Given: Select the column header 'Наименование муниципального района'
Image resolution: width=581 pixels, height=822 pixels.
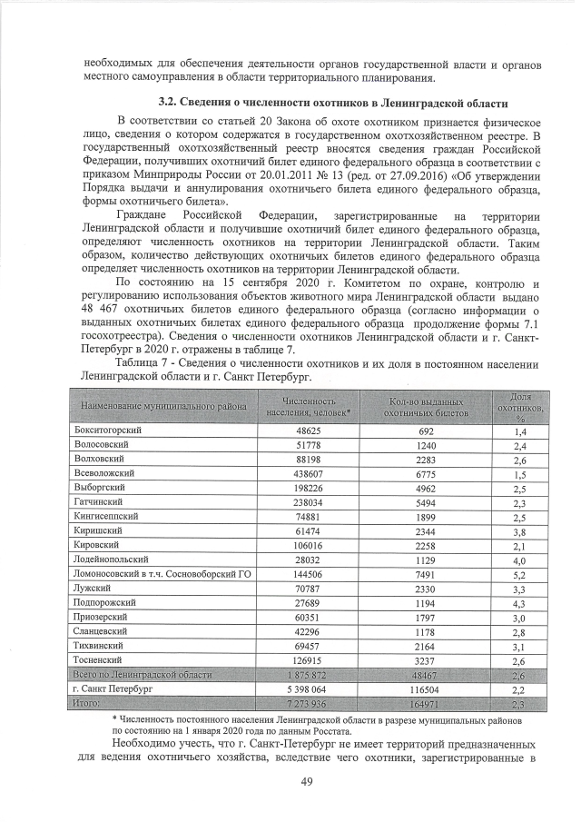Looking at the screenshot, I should pos(163,406).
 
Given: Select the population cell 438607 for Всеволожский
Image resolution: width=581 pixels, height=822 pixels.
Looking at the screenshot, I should pos(308,474).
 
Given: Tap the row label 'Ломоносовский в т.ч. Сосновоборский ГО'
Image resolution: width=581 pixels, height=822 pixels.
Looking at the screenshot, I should pos(162,575).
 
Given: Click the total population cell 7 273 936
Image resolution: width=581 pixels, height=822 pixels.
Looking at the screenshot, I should pos(308,704).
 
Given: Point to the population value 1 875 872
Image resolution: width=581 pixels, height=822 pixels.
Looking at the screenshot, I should pos(308,675).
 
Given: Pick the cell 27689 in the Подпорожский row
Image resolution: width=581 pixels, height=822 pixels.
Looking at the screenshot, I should pos(308,604).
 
